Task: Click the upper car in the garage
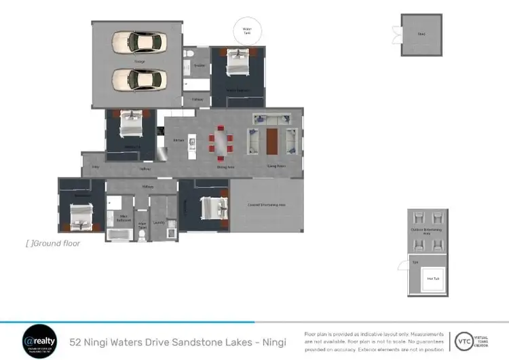[x=138, y=42]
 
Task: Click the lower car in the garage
[x=138, y=79]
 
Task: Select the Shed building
[x=421, y=35]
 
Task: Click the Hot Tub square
[x=429, y=278]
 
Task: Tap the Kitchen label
[x=178, y=140]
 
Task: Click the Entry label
[x=95, y=166]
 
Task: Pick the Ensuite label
[x=199, y=66]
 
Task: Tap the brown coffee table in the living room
[x=272, y=141]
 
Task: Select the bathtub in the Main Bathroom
[x=120, y=235]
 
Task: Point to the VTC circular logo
[x=464, y=340]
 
